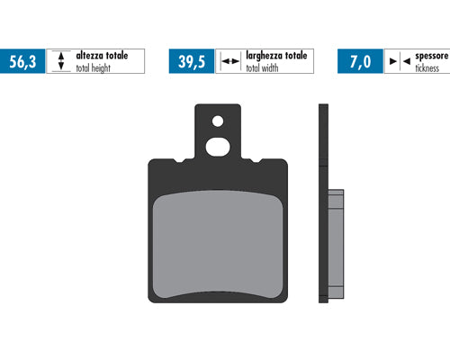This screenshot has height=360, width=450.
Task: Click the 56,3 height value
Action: pyautogui.click(x=22, y=62)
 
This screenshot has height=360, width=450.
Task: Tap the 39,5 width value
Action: pyautogui.click(x=192, y=62)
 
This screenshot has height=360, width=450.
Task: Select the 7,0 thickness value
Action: pyautogui.click(x=361, y=62)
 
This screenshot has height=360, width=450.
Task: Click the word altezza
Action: pyautogui.click(x=89, y=56)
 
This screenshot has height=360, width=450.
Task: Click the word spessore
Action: pyautogui.click(x=432, y=56)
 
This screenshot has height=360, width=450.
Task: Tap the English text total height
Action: pyautogui.click(x=93, y=68)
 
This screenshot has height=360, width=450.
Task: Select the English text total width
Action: pyautogui.click(x=262, y=68)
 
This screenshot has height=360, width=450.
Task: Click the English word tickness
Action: pyautogui.click(x=427, y=68)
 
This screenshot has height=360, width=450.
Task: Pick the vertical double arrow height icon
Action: pyautogui.click(x=61, y=61)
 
